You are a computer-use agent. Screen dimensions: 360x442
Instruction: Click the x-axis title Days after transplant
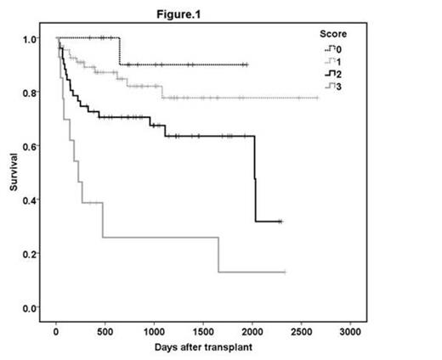(x=203, y=347)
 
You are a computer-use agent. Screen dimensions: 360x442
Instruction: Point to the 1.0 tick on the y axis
(x=30, y=39)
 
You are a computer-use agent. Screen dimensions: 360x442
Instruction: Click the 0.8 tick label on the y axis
(x=30, y=93)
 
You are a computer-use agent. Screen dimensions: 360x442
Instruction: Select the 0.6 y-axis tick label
(x=30, y=146)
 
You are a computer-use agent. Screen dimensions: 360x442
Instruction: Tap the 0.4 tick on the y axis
(x=30, y=200)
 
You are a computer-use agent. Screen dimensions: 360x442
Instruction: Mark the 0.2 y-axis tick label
(x=30, y=254)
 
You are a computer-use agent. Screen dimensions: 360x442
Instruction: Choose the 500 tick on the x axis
(x=105, y=330)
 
